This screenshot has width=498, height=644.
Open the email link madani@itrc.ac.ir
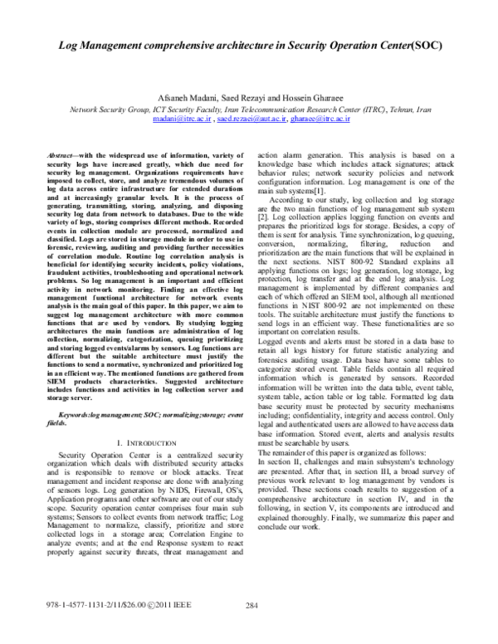click(181, 119)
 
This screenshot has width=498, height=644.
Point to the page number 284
click(253, 627)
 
